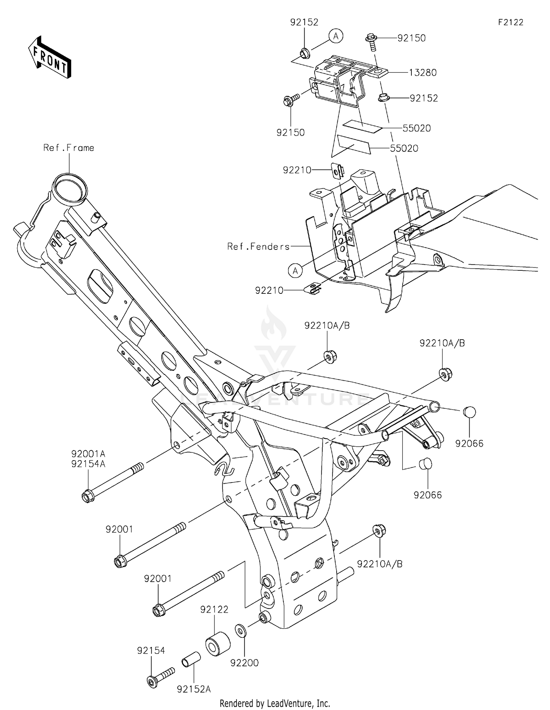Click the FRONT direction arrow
[x=50, y=57]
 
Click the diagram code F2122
[x=510, y=22]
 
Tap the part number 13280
[x=423, y=73]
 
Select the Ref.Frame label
[x=69, y=148]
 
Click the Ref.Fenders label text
[x=258, y=247]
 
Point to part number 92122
[x=214, y=609]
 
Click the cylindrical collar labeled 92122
[x=217, y=643]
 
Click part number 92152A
[x=194, y=689]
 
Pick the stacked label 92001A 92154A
[x=88, y=459]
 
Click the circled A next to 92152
[x=335, y=36]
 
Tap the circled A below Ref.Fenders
[x=295, y=271]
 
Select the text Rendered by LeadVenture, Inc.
[x=275, y=703]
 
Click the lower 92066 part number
[x=428, y=495]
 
